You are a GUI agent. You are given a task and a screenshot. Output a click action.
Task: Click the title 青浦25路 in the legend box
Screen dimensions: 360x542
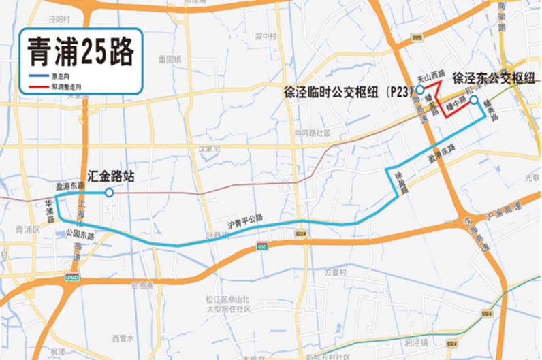80,50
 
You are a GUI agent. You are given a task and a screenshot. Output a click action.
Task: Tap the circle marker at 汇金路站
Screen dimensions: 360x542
108,193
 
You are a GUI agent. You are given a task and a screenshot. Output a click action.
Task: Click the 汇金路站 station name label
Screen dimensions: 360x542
111,176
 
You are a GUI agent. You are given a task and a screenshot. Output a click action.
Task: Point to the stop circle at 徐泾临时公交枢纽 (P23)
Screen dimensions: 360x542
420,90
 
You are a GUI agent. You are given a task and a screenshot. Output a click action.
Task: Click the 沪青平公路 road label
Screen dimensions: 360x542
245,221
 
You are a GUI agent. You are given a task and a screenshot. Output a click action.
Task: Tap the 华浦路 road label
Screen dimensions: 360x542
50,208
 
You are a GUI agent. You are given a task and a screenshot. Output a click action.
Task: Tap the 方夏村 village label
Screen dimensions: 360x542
335,272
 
